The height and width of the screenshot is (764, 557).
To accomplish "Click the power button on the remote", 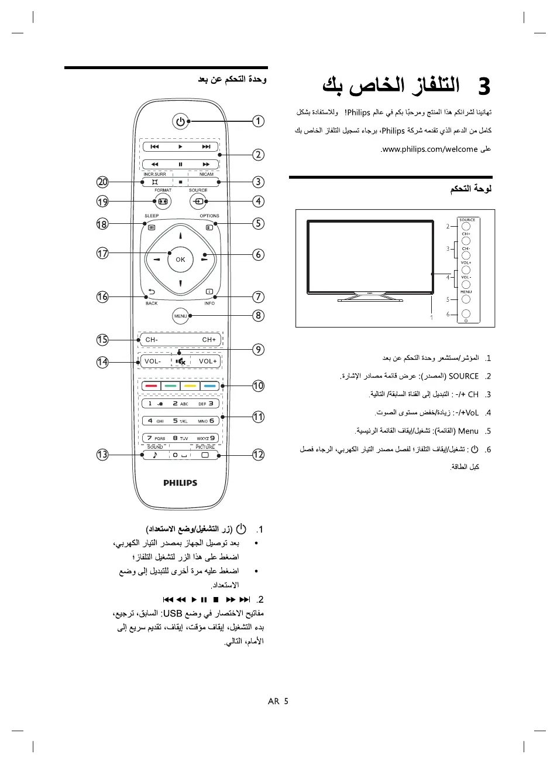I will pyautogui.click(x=180, y=121).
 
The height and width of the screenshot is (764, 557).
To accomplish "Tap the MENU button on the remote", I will pyautogui.click(x=180, y=316).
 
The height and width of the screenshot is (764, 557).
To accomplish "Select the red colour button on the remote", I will pyautogui.click(x=152, y=386).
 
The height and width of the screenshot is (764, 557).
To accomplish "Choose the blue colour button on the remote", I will pyautogui.click(x=209, y=386).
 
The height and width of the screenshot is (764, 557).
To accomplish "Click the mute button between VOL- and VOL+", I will pyautogui.click(x=180, y=361).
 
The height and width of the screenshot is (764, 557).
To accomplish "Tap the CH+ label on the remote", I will pyautogui.click(x=209, y=340).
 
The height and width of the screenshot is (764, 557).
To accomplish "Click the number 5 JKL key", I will pyautogui.click(x=180, y=421).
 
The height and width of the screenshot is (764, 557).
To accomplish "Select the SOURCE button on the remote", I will pyautogui.click(x=198, y=201).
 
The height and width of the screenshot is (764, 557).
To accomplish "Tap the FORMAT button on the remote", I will pyautogui.click(x=163, y=201).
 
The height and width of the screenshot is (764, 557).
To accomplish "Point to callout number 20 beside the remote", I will pyautogui.click(x=103, y=182).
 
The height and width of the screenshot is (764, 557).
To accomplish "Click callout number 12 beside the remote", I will pyautogui.click(x=258, y=455).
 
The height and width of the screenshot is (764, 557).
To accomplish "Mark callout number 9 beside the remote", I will pyautogui.click(x=258, y=350).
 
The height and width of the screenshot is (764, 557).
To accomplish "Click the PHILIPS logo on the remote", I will pyautogui.click(x=180, y=483).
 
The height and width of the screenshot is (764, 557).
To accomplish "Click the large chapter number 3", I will pyautogui.click(x=484, y=87).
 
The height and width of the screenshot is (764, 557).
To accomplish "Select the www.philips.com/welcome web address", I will pyautogui.click(x=429, y=149).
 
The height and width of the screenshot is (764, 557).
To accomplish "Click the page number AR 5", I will pyautogui.click(x=278, y=701).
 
